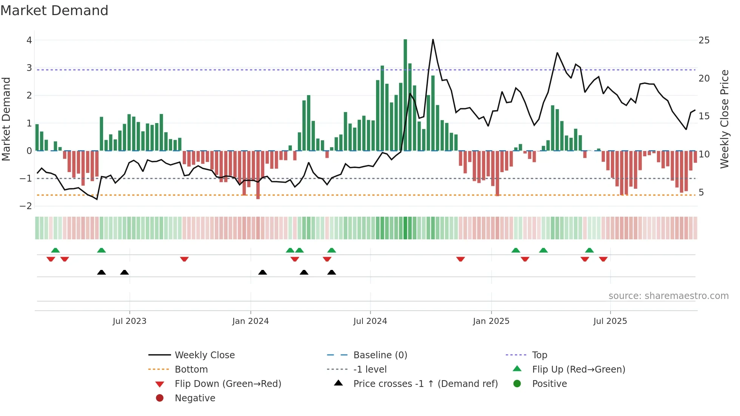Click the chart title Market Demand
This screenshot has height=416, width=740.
pos(54,11)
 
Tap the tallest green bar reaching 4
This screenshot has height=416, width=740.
pos(405,94)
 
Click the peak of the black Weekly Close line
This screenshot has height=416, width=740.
pos(433,40)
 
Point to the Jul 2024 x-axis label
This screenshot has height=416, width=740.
pos(370,321)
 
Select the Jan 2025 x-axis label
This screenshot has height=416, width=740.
pos(491,321)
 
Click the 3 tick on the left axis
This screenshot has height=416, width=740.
pos(29,68)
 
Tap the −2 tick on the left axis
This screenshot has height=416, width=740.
pos(26,206)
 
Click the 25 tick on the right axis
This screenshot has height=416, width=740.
pos(704,40)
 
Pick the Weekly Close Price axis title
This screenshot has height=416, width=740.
pos(724,119)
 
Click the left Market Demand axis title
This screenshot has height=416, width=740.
pos(6,119)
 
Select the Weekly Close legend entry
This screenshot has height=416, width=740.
pos(205,355)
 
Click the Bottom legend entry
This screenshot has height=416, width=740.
pos(191,370)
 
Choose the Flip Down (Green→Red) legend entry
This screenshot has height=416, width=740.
pos(228,384)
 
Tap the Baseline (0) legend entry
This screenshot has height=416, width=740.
pos(380,355)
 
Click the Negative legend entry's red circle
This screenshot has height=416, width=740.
pos(160,398)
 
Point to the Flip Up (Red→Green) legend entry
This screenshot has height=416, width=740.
pos(578,370)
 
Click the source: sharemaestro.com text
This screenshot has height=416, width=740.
pos(668,296)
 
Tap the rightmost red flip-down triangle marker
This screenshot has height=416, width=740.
pos(603,259)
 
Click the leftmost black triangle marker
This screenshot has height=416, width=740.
pos(101,272)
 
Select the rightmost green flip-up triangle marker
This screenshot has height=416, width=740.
pos(589,250)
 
